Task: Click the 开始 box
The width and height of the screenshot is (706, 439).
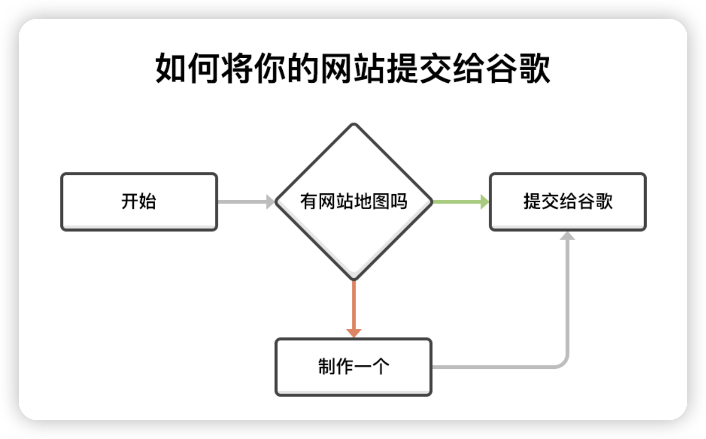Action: pos(139,202)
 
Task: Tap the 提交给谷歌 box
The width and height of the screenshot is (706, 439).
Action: pos(568,202)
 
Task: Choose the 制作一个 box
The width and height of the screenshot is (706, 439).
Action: pos(354,367)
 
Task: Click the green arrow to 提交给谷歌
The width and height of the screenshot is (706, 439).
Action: pos(458,202)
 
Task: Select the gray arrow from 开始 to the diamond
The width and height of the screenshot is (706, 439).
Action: pos(242,202)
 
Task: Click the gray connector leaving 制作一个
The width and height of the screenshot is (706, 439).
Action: pos(500,367)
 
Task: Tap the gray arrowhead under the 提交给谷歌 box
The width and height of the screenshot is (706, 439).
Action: pos(568,236)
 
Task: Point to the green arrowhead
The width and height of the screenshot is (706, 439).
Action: pos(485,202)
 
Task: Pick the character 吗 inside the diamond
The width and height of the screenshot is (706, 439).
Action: pos(399,202)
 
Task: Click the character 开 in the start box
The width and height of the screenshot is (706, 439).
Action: pos(130,202)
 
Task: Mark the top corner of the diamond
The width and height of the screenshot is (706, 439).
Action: pos(354,125)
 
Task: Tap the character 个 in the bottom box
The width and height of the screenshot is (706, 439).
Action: pos(381,367)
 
